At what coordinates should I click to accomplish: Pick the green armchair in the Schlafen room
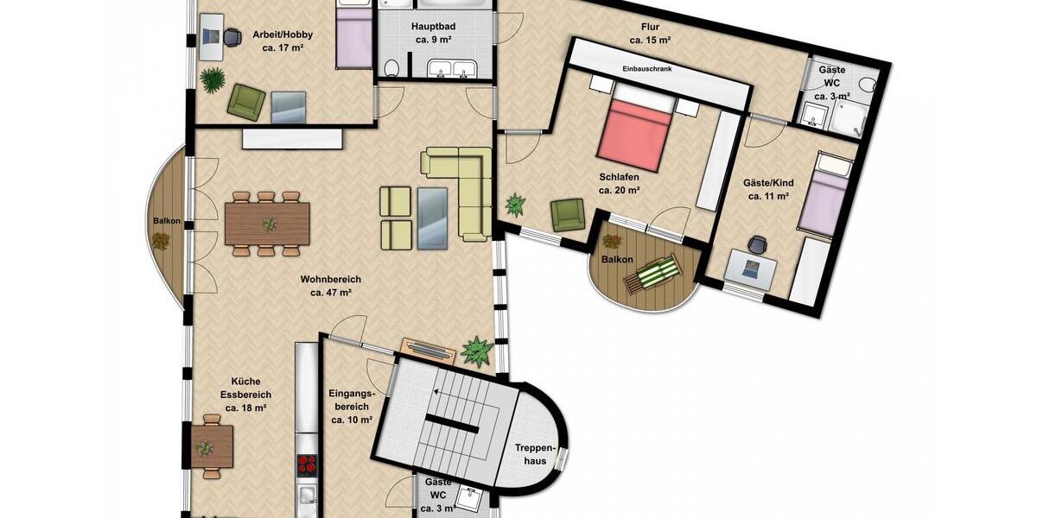point(568,214)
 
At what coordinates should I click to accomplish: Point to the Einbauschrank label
point(646,68)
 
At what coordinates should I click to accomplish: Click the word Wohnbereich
point(330,280)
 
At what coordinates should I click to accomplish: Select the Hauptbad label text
point(434,26)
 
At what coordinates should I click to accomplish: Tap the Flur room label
point(650,26)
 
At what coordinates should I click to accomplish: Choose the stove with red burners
point(307,465)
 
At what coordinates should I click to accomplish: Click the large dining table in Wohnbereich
point(267,224)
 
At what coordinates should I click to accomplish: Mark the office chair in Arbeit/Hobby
point(232,37)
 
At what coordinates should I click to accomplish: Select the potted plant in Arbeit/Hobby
point(212,79)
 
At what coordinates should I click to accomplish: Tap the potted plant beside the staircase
point(476,351)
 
